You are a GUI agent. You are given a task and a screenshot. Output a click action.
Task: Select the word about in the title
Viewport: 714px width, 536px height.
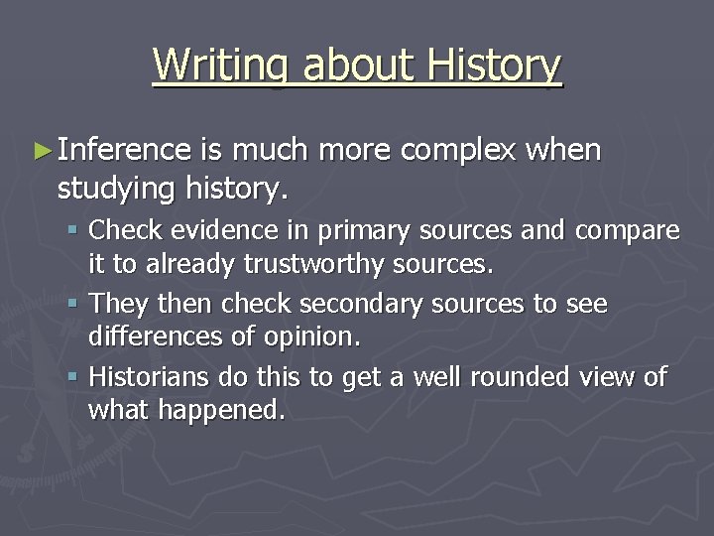click(x=361, y=66)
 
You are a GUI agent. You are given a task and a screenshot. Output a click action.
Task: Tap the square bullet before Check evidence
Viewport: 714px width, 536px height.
click(x=76, y=231)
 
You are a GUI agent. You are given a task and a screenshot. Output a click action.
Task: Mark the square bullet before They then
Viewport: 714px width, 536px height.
click(x=76, y=304)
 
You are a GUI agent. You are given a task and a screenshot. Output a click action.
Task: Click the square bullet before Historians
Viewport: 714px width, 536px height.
click(x=76, y=377)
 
